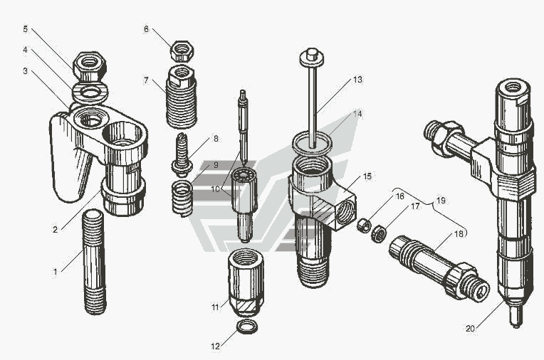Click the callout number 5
click(26, 28)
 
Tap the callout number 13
click(357, 80)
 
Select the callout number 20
click(470, 329)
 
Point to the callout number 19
click(441, 201)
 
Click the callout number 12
click(216, 346)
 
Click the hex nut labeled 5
click(90, 67)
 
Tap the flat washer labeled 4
click(90, 93)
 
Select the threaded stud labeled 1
click(94, 262)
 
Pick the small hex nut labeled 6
click(182, 51)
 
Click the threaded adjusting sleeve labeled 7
click(182, 97)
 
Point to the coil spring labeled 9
click(182, 198)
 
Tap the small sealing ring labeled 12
click(247, 327)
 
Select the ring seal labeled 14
click(313, 143)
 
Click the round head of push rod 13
click(312, 57)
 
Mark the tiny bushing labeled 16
click(364, 226)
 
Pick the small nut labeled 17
click(379, 233)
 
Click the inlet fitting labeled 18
click(439, 267)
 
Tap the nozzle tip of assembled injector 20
click(516, 317)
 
